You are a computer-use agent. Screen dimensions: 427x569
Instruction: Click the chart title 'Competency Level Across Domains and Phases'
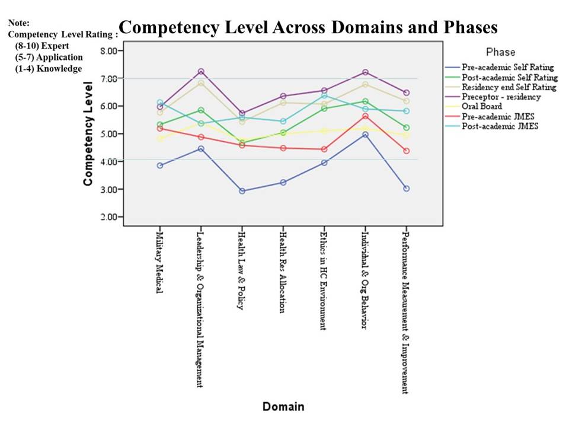click(x=308, y=28)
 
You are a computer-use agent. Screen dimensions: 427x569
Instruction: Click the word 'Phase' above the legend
click(x=500, y=52)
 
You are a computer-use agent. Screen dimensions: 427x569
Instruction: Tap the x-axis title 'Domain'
click(x=283, y=407)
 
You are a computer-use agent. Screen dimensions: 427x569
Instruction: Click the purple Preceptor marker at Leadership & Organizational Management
click(x=201, y=72)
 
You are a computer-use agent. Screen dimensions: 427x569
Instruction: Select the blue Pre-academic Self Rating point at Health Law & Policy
click(x=242, y=191)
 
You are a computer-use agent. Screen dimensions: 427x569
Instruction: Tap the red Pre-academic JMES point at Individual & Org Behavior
click(x=366, y=116)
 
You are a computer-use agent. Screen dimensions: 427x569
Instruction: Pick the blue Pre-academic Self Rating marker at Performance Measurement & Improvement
click(x=406, y=189)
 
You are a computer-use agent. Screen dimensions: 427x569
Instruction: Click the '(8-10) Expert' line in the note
click(x=41, y=46)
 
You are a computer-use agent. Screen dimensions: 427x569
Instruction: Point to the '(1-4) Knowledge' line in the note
click(x=49, y=69)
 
